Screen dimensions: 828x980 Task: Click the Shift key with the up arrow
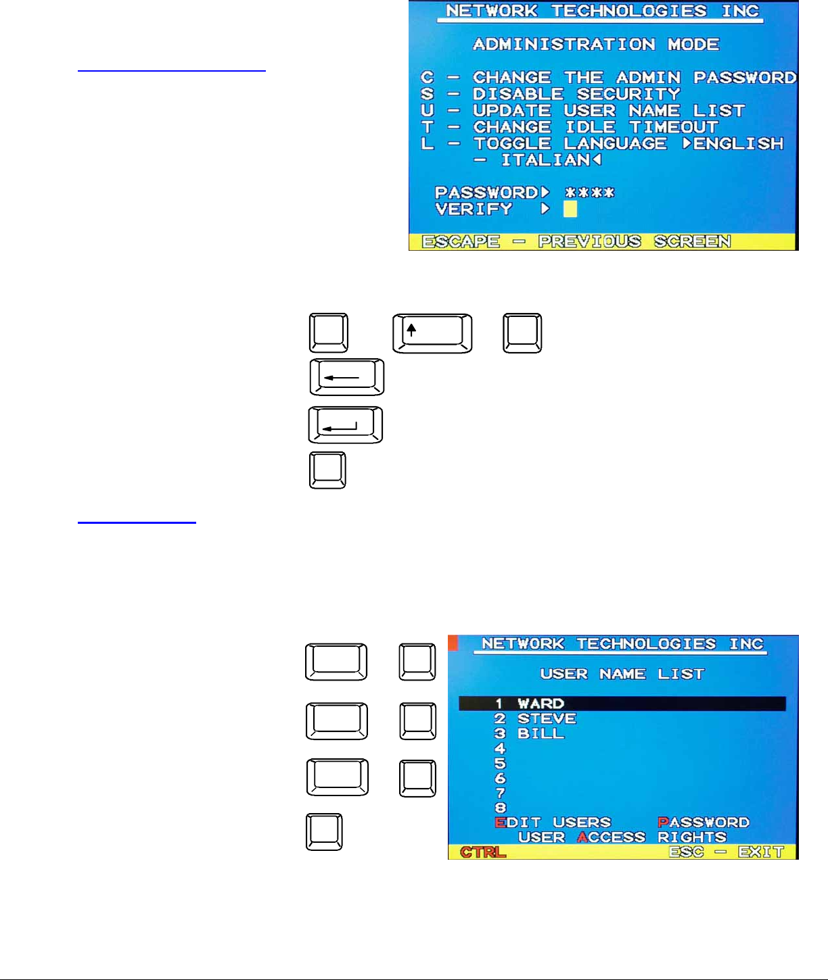coord(432,333)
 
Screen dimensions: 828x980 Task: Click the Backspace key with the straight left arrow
coord(347,377)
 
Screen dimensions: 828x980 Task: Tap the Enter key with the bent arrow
coord(346,425)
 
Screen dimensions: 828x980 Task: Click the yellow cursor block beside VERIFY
coord(570,209)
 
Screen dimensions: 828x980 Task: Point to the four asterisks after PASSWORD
coord(590,193)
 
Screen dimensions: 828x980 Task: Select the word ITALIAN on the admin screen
coord(545,160)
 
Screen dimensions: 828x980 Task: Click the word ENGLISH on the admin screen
coord(738,144)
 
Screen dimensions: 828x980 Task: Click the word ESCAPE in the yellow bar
coord(461,242)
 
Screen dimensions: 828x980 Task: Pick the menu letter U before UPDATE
coord(428,110)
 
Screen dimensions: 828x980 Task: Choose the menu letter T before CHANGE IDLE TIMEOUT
coord(428,127)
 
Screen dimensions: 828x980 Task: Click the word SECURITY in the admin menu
coord(628,94)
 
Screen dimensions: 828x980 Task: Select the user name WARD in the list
coord(540,704)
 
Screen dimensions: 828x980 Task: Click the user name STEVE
coord(547,718)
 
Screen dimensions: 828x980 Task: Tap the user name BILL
coord(540,733)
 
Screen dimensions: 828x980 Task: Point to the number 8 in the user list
coord(501,808)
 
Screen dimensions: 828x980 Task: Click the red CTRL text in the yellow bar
coord(483,852)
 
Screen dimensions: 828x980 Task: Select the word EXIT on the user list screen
coord(761,852)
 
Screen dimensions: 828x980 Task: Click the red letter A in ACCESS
coord(582,837)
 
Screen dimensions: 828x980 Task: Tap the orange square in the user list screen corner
coord(453,642)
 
